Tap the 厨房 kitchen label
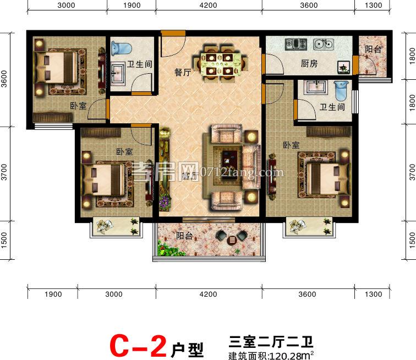tap(309, 63)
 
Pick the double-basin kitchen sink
tap(324, 43)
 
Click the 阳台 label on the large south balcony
tap(184, 236)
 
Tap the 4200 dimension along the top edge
tap(208, 6)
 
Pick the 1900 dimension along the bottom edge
tap(52, 294)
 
